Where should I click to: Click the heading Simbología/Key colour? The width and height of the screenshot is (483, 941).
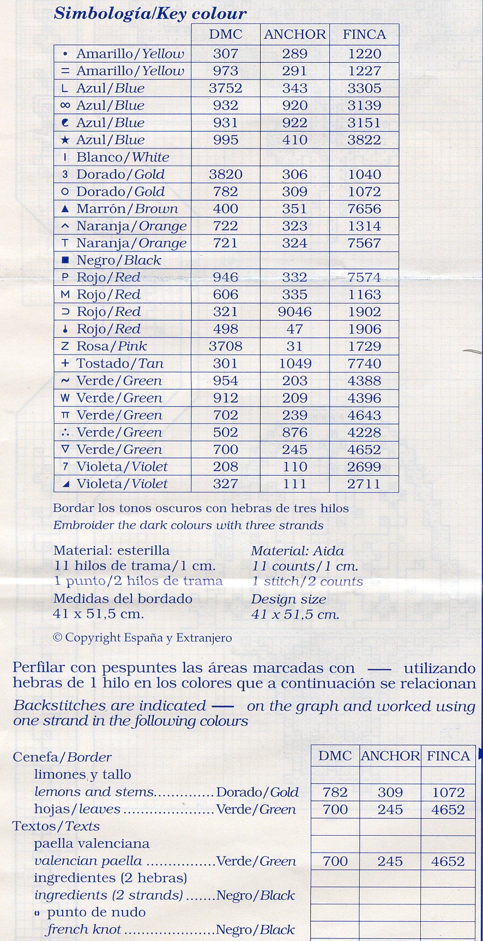[x=150, y=13]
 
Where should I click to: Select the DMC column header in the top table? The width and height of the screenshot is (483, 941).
[x=226, y=34]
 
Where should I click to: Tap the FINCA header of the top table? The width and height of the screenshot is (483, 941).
[x=364, y=34]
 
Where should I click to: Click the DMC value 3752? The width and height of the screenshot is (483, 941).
[x=226, y=88]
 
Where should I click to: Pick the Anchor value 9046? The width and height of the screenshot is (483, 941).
[x=295, y=312]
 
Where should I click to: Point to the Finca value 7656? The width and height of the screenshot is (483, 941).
[x=364, y=209]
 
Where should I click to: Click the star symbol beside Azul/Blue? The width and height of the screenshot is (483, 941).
[x=65, y=140]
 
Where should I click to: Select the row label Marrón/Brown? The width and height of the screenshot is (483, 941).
[x=127, y=209]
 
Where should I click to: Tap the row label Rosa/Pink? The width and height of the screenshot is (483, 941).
[x=112, y=346]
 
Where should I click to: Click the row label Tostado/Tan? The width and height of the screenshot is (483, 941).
[x=120, y=364]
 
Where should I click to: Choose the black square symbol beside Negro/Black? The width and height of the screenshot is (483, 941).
[x=65, y=261]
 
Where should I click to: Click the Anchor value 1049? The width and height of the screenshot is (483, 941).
[x=295, y=364]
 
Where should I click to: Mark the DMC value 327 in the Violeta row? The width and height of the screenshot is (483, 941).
[x=226, y=484]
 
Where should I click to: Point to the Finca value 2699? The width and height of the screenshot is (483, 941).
[x=364, y=467]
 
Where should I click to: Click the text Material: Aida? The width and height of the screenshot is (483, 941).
[x=298, y=551]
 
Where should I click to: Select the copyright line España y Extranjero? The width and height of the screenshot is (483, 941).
[x=143, y=638]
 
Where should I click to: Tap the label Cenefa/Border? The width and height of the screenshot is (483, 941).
[x=62, y=757]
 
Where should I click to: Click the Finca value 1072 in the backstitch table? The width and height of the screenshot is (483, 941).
[x=448, y=793]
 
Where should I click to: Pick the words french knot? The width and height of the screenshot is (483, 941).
[x=84, y=930]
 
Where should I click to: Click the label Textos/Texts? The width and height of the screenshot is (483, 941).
[x=56, y=826]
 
